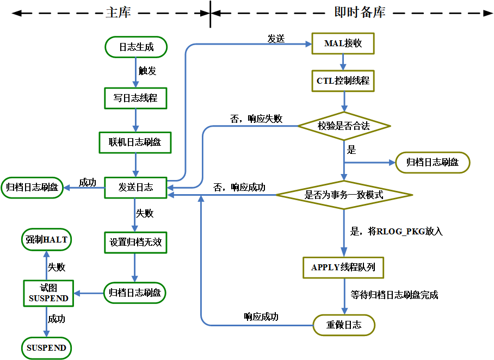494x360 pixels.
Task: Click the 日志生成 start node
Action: (136, 47)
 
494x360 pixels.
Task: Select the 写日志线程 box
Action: (135, 98)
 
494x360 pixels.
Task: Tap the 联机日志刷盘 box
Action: (135, 142)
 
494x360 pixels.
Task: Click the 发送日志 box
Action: (135, 188)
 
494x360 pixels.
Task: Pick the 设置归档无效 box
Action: (135, 243)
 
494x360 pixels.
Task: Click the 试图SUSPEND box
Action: (48, 293)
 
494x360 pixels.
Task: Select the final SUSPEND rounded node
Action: (47, 347)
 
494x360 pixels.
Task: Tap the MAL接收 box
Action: (343, 44)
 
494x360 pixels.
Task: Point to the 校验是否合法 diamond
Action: (343, 126)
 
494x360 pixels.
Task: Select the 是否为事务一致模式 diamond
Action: (343, 195)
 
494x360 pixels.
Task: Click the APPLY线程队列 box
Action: (343, 267)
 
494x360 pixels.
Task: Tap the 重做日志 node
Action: (344, 325)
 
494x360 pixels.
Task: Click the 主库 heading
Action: (118, 13)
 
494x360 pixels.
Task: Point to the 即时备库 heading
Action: (359, 13)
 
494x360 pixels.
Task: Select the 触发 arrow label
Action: (147, 71)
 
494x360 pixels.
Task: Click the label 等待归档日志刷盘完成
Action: (394, 295)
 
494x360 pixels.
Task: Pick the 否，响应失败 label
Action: (256, 119)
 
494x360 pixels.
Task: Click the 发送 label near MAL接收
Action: (276, 39)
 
